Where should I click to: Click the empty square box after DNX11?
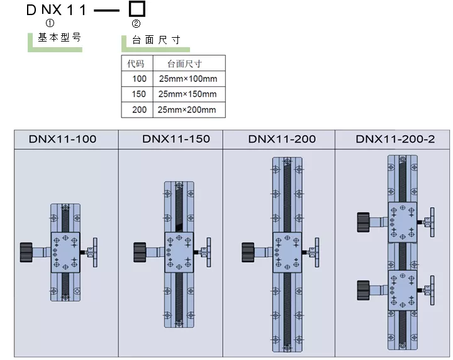point(137,9)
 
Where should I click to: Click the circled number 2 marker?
point(136,24)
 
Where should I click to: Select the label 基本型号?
point(60,37)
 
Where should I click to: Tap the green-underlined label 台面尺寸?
point(156,40)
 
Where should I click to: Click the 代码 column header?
point(136,64)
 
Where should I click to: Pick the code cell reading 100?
point(139,79)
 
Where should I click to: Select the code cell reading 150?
point(139,94)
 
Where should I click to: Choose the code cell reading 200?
point(139,110)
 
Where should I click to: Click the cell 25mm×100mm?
point(187,79)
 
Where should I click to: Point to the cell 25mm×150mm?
point(187,94)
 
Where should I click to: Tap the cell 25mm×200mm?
point(187,110)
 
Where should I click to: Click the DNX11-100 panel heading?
point(63,139)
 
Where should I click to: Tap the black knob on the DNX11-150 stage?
point(140,252)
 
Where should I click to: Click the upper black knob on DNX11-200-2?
point(363,222)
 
